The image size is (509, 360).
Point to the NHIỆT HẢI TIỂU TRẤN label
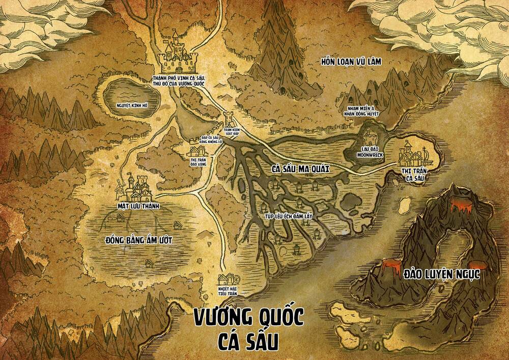tap(229, 291)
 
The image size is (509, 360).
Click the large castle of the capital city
tap(178, 53)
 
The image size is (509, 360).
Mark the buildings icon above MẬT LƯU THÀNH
tap(135, 188)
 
